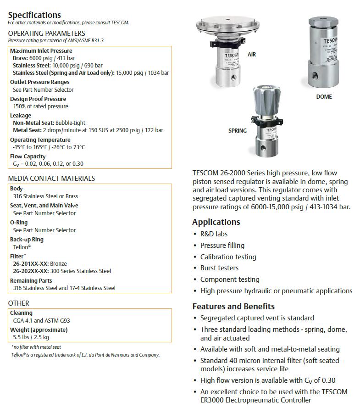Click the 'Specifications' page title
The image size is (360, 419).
[x=34, y=15]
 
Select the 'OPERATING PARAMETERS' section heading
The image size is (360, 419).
[x=46, y=33]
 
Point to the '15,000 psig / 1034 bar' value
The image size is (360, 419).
[x=142, y=73]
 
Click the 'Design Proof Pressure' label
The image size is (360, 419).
[x=38, y=99]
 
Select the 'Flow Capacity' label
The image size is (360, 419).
[x=28, y=156]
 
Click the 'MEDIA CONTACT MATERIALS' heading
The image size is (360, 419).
[x=51, y=178]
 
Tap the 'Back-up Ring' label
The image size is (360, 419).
[x=27, y=239]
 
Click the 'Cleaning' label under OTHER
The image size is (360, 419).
[x=21, y=313]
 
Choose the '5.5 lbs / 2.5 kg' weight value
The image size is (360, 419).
[x=31, y=337]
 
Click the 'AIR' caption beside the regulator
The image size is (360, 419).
[x=252, y=55]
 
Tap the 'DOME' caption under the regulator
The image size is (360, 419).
[x=324, y=97]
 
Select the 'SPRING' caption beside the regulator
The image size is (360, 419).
[x=238, y=131]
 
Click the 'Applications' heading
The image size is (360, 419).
[x=216, y=222]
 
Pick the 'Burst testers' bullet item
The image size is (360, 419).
[x=219, y=268]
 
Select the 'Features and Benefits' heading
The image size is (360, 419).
[x=233, y=306]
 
